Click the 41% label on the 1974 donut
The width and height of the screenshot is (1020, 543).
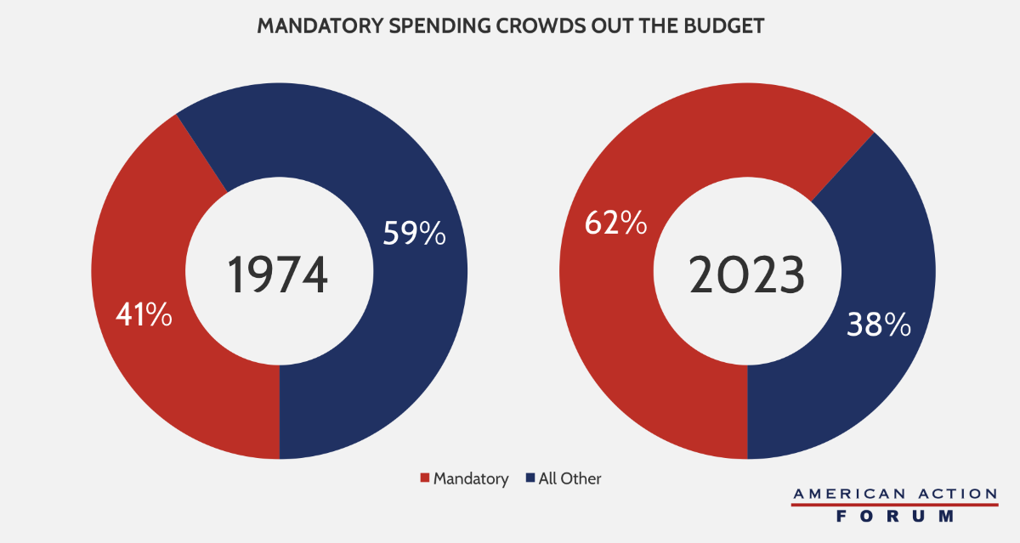tap(144, 316)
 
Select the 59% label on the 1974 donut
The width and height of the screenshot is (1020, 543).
tap(414, 235)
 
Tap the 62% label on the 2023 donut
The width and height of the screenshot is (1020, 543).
tap(615, 223)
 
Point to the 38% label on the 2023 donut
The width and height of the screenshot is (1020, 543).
tap(879, 325)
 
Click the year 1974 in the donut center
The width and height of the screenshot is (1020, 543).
tap(278, 275)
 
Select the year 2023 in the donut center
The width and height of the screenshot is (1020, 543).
tap(746, 275)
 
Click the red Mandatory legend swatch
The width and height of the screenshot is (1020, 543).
tap(425, 479)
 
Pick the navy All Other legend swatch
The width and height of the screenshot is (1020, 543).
tap(530, 479)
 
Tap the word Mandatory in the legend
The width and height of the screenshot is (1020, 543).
tap(471, 479)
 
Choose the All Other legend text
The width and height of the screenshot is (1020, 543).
tap(569, 479)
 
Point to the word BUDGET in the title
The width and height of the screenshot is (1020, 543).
tap(728, 26)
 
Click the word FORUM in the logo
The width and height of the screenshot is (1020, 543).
tap(894, 516)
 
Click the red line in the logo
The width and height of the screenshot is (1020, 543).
tap(894, 505)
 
